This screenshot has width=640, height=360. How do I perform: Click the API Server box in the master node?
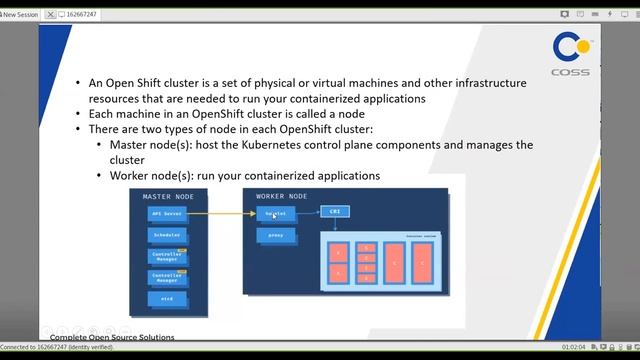coord(167,214)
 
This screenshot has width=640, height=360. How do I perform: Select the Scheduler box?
coord(167,235)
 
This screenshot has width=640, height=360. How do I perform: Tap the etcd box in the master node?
coord(167,298)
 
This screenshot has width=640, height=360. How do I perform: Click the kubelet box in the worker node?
coord(274,214)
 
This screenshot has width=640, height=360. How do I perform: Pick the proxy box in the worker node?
coord(276,236)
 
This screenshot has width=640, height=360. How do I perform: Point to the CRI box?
coord(334,212)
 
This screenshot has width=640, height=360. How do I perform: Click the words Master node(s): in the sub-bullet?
coord(155,145)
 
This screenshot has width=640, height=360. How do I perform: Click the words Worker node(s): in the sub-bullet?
coord(156,175)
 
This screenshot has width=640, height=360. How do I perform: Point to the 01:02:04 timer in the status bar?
coord(574,347)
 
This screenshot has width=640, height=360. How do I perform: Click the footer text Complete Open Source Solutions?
coord(112,338)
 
